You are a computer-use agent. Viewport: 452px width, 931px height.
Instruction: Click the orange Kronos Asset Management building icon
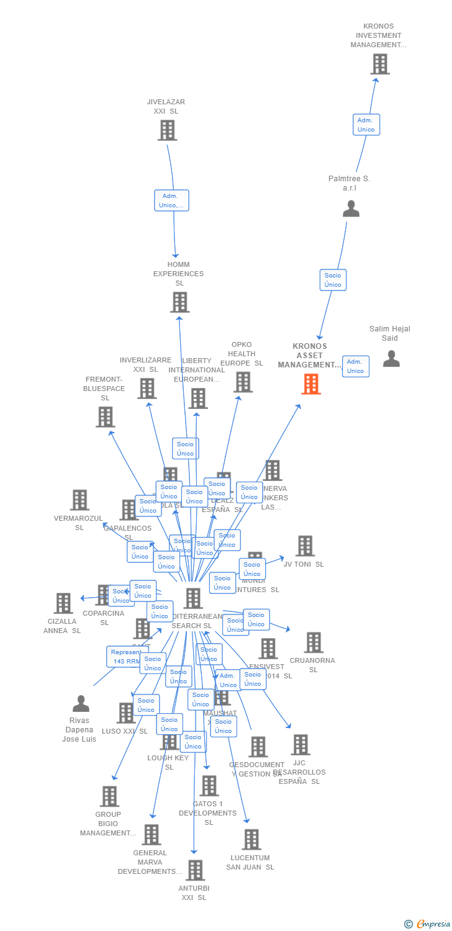(x=311, y=384)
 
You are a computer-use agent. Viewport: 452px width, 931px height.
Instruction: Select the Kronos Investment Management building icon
(x=379, y=64)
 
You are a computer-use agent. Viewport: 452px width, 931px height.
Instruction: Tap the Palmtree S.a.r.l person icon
(x=351, y=209)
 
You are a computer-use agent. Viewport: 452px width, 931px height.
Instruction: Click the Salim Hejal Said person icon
(x=391, y=359)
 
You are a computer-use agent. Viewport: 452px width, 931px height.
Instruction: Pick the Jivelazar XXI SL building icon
(x=167, y=130)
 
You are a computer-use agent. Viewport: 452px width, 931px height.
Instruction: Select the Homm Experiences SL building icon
(x=179, y=302)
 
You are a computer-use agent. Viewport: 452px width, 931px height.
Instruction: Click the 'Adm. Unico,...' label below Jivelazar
(x=171, y=200)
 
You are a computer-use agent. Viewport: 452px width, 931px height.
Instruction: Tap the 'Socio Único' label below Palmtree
(x=333, y=280)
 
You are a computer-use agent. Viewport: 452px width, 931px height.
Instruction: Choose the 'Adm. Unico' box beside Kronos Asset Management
(x=355, y=366)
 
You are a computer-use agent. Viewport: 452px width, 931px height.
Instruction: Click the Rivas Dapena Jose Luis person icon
(x=81, y=704)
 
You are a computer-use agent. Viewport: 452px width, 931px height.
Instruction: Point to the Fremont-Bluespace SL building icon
(x=106, y=417)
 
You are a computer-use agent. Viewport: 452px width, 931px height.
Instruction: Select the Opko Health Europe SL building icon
(x=243, y=382)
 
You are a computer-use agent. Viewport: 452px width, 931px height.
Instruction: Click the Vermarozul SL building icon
(x=79, y=500)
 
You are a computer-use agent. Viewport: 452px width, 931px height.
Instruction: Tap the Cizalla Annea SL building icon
(x=63, y=603)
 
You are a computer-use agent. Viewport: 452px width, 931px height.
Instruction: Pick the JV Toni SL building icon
(x=305, y=546)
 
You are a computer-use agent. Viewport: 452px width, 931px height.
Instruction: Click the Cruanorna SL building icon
(x=314, y=643)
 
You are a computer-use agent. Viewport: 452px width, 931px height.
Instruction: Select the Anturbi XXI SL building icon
(x=195, y=870)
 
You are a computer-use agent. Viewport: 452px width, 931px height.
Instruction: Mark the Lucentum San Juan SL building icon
(x=251, y=840)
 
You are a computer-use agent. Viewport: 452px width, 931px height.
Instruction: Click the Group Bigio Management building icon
(x=109, y=796)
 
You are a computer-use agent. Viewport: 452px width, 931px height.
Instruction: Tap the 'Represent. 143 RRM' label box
(x=126, y=657)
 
